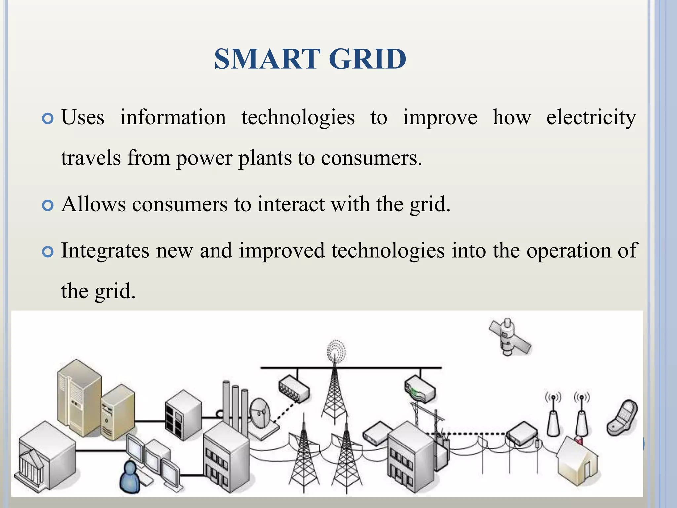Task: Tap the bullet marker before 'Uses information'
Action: pyautogui.click(x=48, y=119)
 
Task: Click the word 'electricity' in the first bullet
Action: pyautogui.click(x=591, y=117)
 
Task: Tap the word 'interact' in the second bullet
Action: pyautogui.click(x=291, y=204)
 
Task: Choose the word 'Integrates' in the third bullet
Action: pyautogui.click(x=105, y=251)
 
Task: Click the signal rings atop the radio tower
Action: pyautogui.click(x=336, y=350)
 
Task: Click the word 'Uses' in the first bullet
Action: pyautogui.click(x=83, y=117)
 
